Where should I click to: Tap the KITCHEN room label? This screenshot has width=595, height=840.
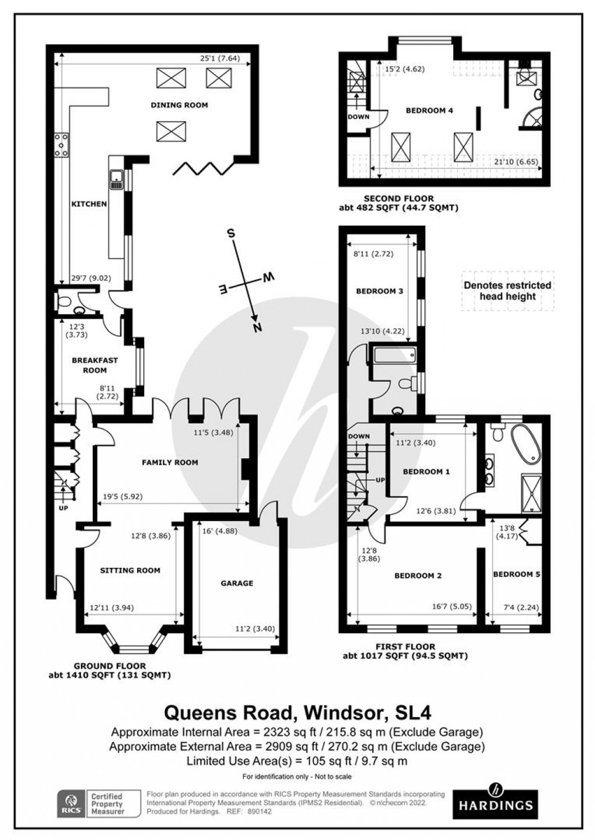(x=89, y=204)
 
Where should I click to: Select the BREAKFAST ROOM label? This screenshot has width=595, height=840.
(x=94, y=365)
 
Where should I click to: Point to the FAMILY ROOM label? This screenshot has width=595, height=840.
(x=170, y=462)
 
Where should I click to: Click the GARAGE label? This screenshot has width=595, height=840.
(x=237, y=583)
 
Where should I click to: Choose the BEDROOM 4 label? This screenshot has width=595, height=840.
(x=429, y=110)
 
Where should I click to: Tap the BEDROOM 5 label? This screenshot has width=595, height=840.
(x=516, y=574)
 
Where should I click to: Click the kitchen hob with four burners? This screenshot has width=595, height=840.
(x=61, y=145)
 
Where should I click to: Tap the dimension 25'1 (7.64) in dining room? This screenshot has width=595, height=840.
(x=225, y=58)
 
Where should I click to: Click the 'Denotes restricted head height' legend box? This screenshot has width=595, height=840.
(x=507, y=290)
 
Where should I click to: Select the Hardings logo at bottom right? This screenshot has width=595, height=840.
(x=495, y=800)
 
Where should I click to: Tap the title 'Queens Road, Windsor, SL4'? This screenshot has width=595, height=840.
(x=297, y=712)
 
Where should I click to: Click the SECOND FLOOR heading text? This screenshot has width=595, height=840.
(x=398, y=198)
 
